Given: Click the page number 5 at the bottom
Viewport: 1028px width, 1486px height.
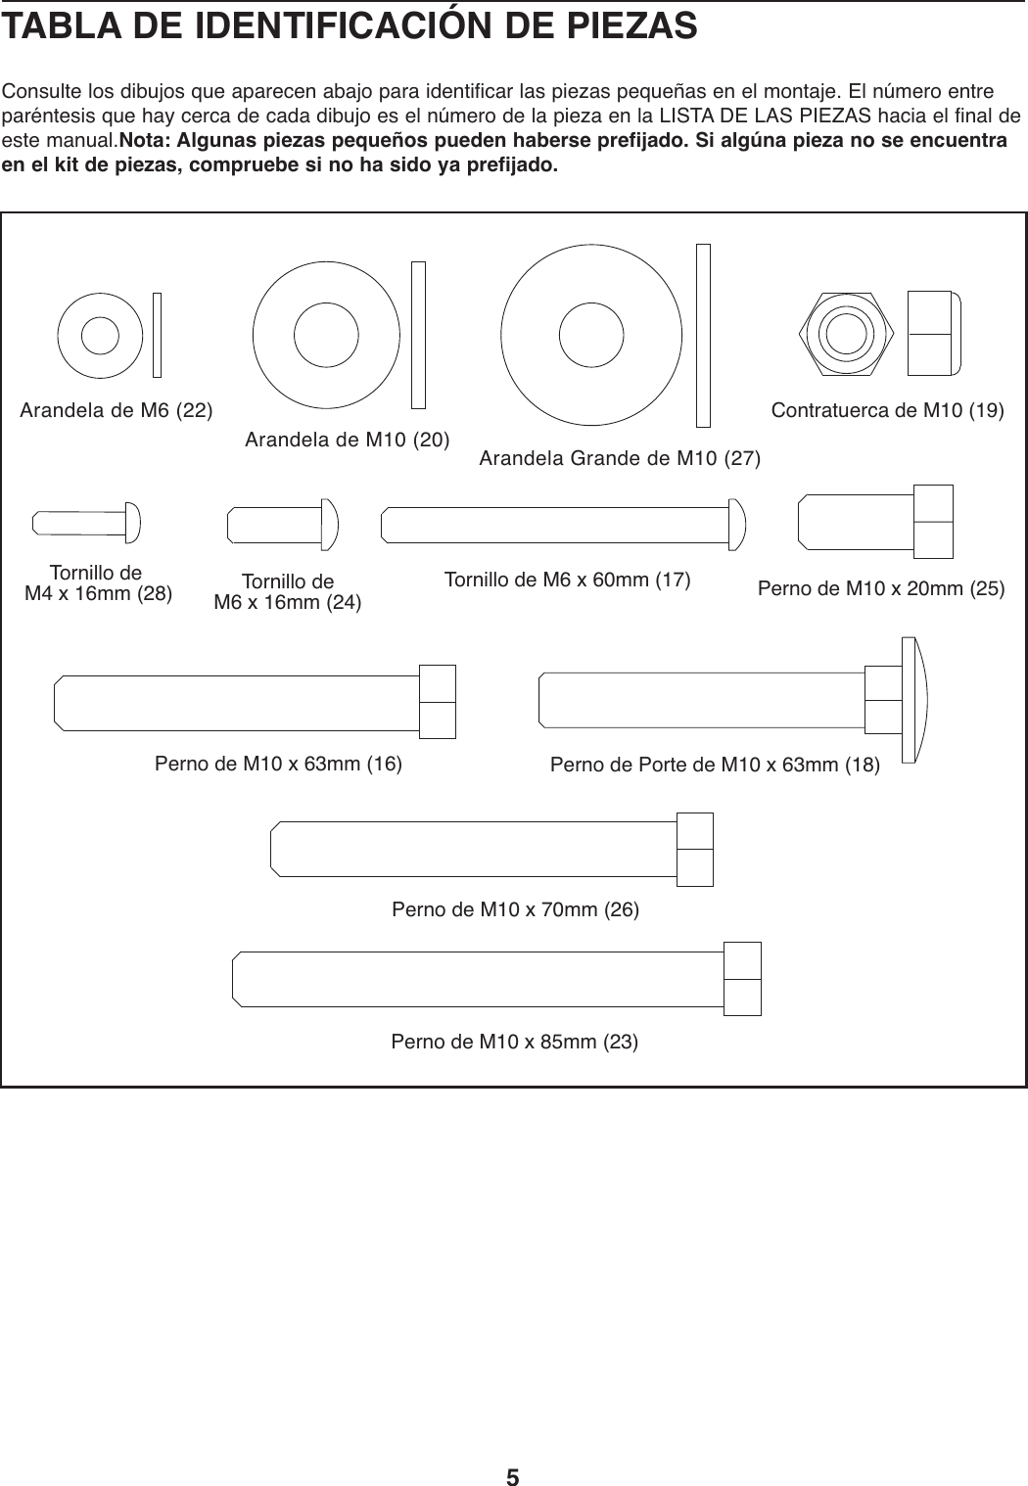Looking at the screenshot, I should point(513,1450).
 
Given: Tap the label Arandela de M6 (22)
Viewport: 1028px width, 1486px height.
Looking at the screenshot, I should point(117,409).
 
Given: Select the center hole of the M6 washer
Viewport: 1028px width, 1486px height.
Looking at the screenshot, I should point(100,335).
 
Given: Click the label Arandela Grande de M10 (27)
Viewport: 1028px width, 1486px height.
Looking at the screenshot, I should point(620,458).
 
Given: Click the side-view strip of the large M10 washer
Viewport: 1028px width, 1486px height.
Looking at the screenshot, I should point(702,335).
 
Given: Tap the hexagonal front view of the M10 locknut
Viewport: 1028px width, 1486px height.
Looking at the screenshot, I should point(845,334).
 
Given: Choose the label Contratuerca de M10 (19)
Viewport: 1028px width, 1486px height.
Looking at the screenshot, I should point(888,409).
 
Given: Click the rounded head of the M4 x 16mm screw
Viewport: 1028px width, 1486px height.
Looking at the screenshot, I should point(132,523).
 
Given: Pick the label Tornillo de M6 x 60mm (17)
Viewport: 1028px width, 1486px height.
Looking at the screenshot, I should point(568,580).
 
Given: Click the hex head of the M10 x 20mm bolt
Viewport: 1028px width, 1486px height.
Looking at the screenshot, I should point(932,522).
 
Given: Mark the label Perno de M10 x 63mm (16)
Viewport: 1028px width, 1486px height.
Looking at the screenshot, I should point(279,764).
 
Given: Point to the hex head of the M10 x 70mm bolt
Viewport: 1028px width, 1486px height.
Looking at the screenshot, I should point(694,849).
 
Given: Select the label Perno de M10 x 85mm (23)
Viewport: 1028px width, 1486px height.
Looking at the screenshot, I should point(515,1041).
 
